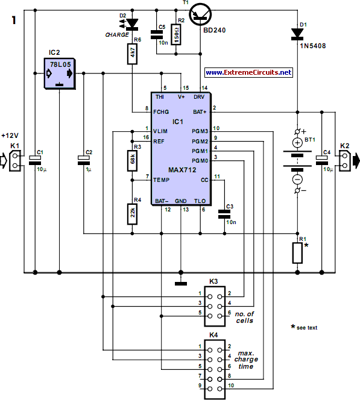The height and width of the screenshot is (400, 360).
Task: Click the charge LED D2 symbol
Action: click(131, 24)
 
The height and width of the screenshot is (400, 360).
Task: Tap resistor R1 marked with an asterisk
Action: click(298, 253)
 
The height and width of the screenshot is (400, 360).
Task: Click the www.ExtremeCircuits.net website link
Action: click(248, 72)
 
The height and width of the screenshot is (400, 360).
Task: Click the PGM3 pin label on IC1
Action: click(200, 131)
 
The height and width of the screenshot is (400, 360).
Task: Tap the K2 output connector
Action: click(344, 159)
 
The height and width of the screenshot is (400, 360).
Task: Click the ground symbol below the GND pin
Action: click(180, 282)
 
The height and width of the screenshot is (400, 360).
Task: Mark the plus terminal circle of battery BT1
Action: click(297, 142)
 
